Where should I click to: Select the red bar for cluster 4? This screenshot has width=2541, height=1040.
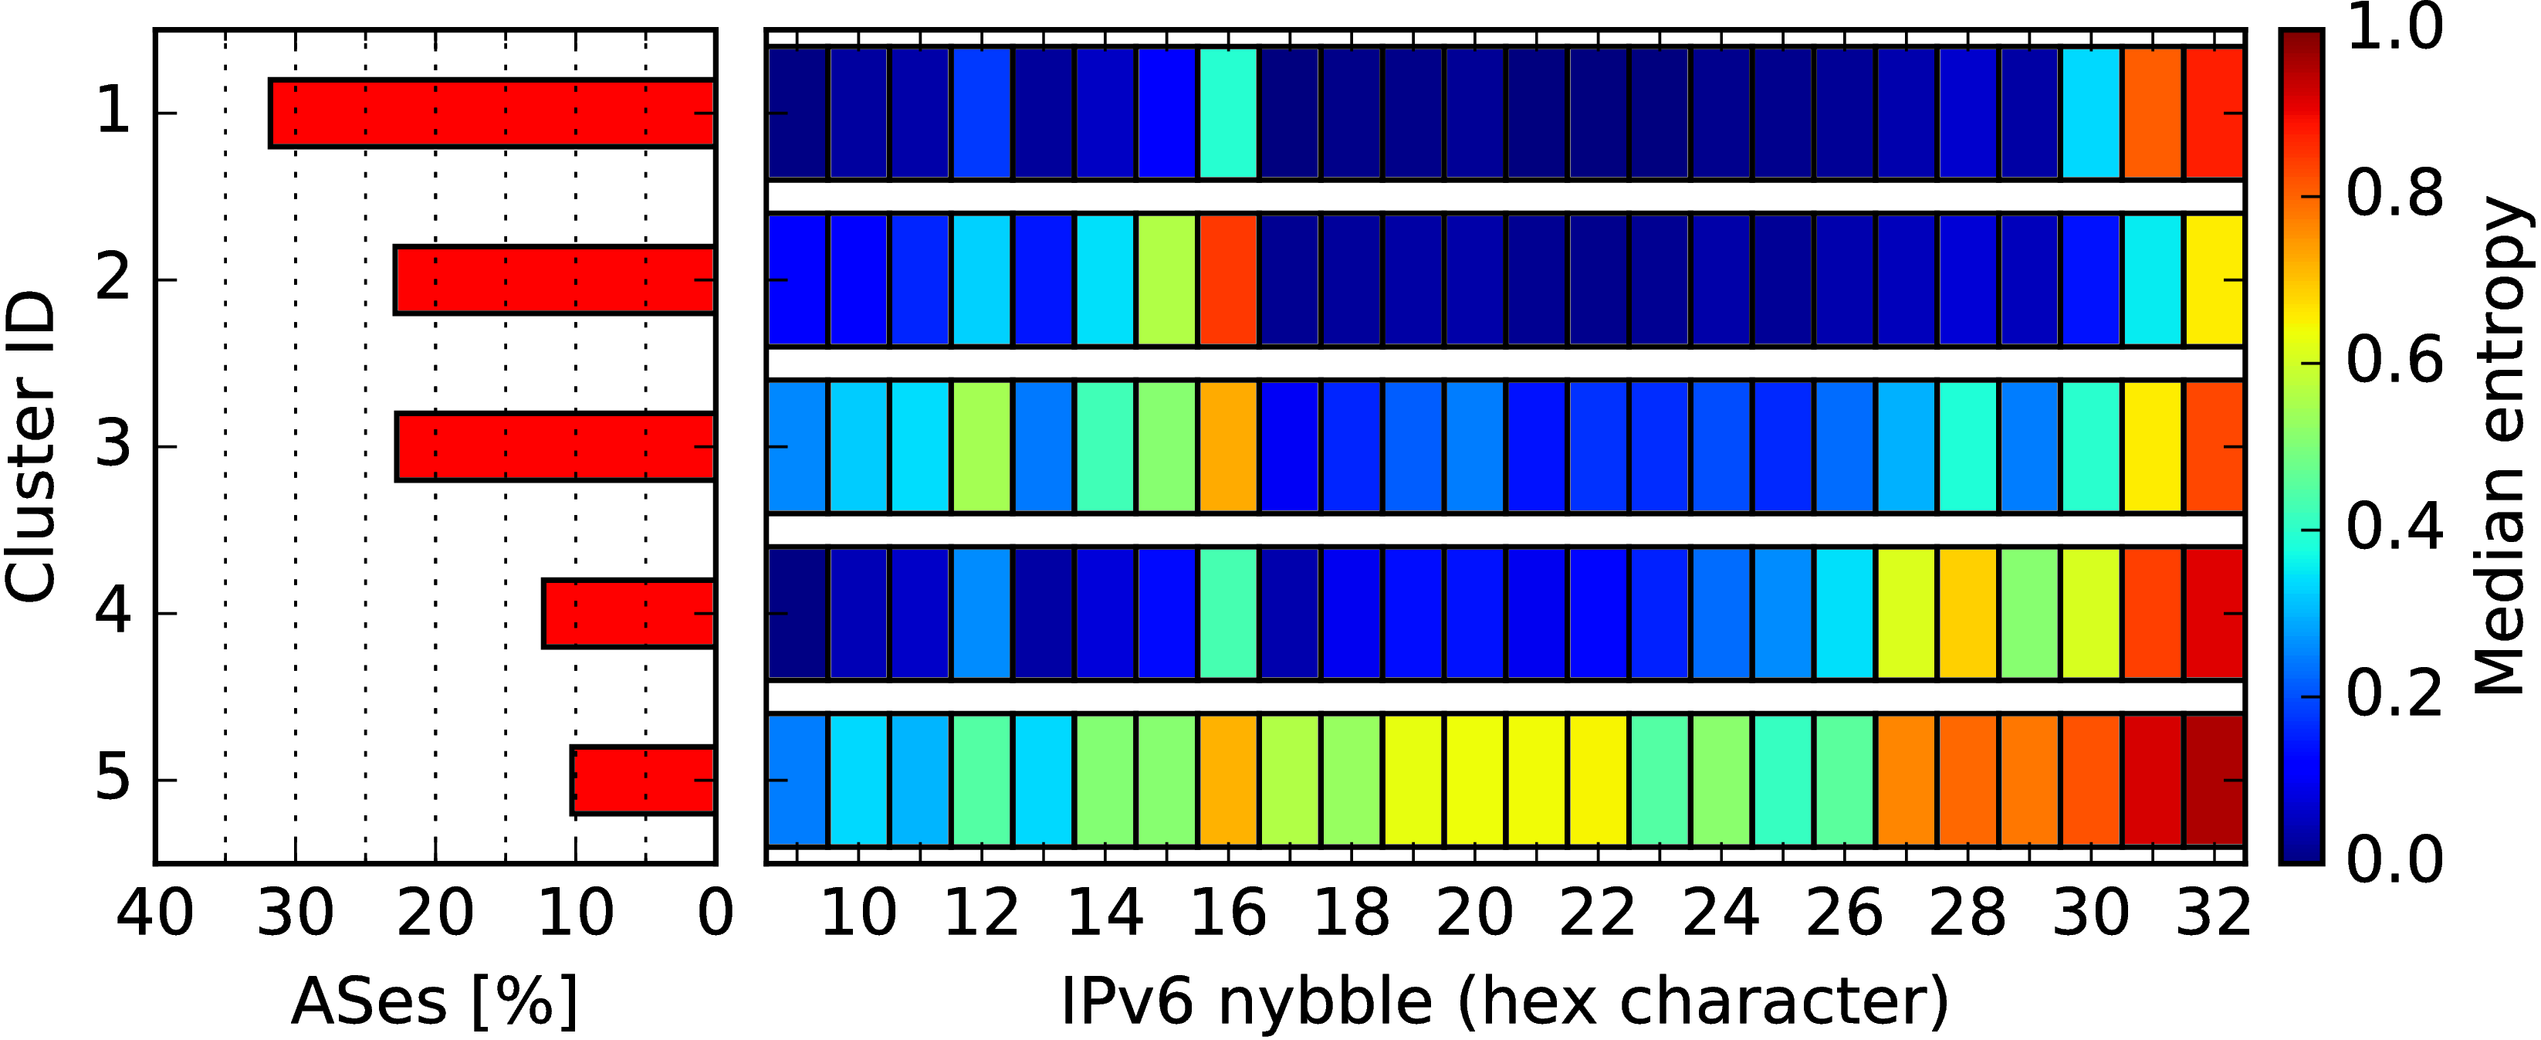click(x=628, y=614)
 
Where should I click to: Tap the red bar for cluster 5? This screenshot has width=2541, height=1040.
click(x=643, y=781)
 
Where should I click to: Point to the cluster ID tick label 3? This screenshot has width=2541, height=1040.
click(x=113, y=446)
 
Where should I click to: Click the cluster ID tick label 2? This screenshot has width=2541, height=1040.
click(x=113, y=279)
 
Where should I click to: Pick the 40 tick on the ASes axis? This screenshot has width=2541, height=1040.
click(x=155, y=913)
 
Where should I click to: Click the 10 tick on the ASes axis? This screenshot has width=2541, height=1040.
click(x=575, y=913)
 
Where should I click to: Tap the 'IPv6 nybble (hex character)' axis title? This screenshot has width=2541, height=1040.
click(x=1505, y=1001)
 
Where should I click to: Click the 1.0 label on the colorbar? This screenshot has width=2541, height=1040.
click(x=2395, y=28)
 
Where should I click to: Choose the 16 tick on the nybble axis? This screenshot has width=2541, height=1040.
click(x=1228, y=913)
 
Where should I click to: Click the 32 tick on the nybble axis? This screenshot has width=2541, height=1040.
click(x=2214, y=913)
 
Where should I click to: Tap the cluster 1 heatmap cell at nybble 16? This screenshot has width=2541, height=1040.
click(x=1228, y=113)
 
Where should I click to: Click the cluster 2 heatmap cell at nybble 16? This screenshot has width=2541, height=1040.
click(x=1228, y=279)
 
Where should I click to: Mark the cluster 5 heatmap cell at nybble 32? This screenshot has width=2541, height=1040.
click(x=2214, y=781)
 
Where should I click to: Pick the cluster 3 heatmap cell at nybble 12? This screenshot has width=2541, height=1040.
click(x=982, y=446)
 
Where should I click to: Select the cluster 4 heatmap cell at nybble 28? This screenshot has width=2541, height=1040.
click(x=1968, y=614)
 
